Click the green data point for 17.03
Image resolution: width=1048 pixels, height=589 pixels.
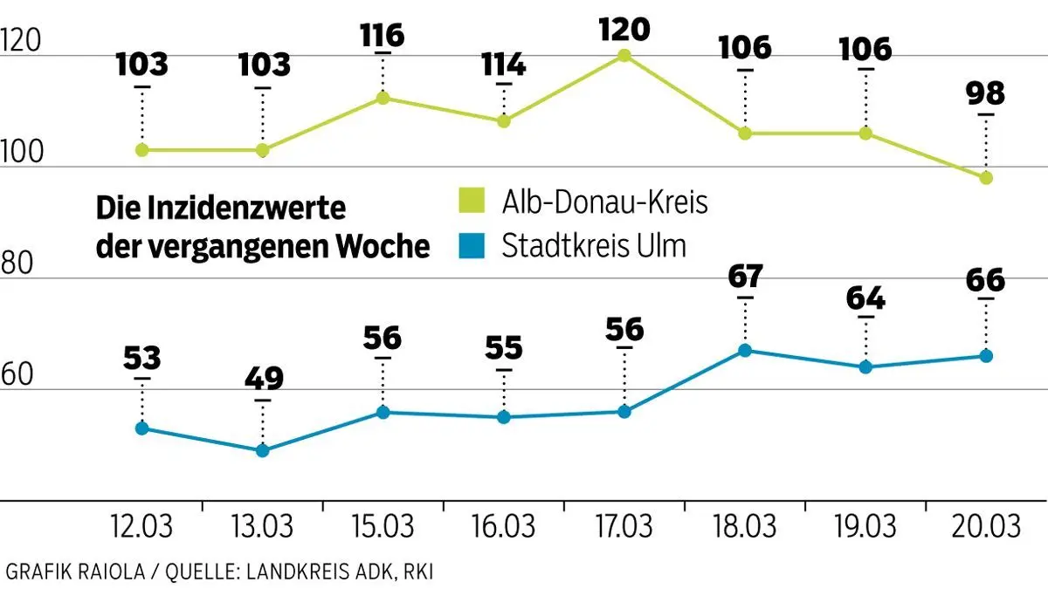coord(624,55)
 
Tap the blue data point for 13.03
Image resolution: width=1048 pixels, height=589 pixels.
coord(262,450)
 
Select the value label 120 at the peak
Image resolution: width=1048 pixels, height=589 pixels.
coord(624,30)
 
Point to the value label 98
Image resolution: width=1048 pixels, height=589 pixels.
coord(986,94)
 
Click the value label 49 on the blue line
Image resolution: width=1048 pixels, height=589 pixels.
coord(262,380)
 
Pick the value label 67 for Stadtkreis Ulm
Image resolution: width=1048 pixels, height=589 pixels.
coord(744,277)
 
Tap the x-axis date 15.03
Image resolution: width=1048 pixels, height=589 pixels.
coord(383,528)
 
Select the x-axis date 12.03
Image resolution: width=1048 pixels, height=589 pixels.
coord(141,528)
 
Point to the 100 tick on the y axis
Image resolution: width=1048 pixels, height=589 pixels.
coord(18,151)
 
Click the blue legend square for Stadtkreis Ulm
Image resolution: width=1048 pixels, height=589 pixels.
coord(470,246)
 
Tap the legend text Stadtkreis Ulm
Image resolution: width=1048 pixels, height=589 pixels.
coord(594,246)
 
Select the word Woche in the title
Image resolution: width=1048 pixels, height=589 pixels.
coord(385,246)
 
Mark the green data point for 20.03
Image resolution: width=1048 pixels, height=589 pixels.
coord(986,177)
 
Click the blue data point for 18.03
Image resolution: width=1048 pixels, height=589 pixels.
coord(744,350)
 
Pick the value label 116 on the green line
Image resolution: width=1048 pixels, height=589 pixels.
coord(383,36)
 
